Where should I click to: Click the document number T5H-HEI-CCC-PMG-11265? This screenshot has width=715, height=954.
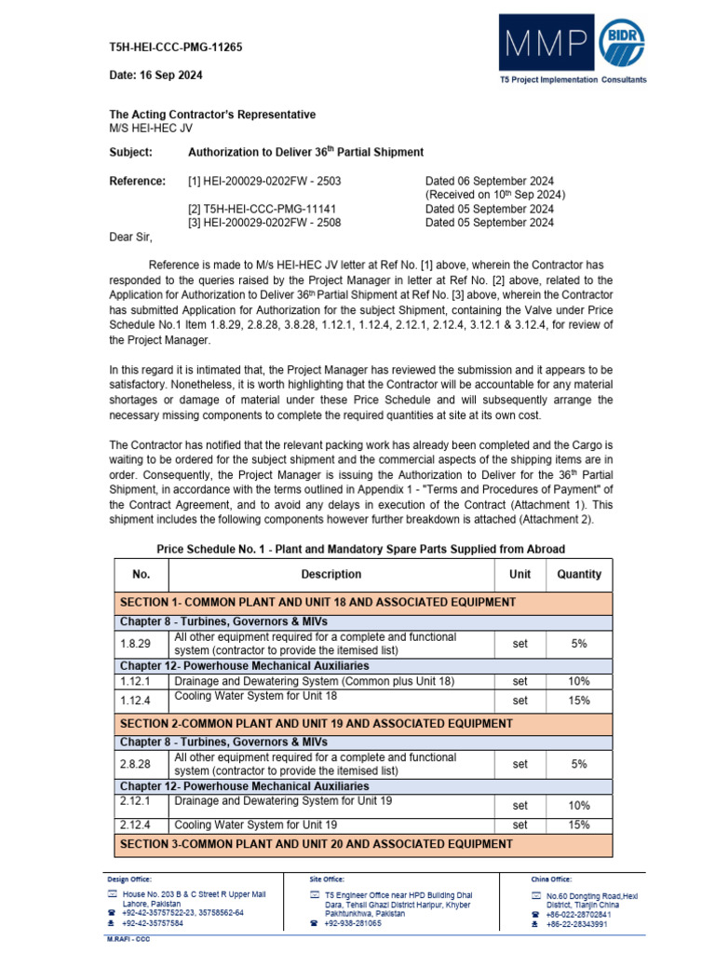[x=176, y=48]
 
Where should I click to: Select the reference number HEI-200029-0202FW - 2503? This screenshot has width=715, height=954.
[x=265, y=181]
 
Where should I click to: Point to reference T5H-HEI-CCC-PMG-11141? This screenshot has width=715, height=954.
[x=262, y=210]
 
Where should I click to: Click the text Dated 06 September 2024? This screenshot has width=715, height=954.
[x=489, y=181]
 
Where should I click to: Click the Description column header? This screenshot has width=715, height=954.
[x=331, y=575]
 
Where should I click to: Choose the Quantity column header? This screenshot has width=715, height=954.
[x=579, y=575]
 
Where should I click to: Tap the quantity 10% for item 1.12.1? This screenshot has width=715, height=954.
[x=579, y=682]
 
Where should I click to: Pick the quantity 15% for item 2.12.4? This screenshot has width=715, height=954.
[x=579, y=825]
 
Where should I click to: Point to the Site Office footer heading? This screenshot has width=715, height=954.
[x=327, y=879]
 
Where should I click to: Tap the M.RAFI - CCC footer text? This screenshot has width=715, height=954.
[x=128, y=939]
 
